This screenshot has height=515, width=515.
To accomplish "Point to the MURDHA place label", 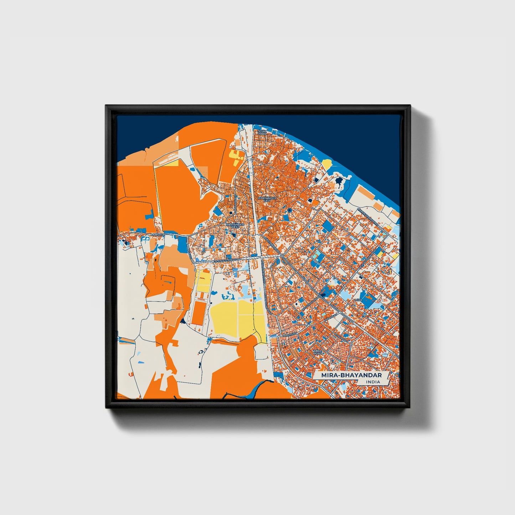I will coord(158,235).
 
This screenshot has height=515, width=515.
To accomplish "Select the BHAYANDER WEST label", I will coord(235,226).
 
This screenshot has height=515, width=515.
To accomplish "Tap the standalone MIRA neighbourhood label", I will coord(358,300).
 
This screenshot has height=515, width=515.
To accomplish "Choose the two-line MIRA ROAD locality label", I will coord(317,352).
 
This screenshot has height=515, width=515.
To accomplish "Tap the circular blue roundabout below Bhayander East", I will coord(289,211).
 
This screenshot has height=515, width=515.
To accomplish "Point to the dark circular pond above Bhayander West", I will coord(231,213).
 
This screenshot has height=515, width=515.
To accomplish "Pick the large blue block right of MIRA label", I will coord(367,297).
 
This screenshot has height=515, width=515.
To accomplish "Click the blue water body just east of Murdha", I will coord(182,244).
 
